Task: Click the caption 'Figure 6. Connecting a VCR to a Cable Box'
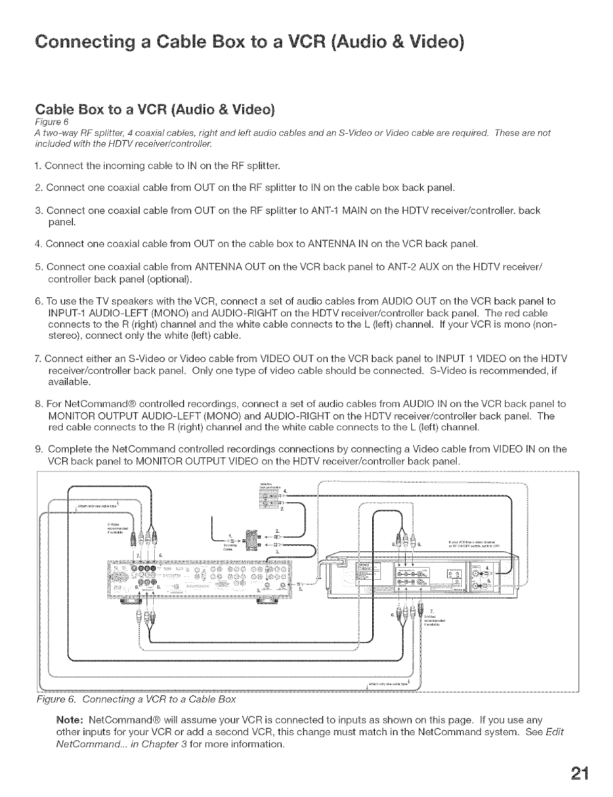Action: (x=137, y=700)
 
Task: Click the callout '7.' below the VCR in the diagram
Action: (x=431, y=610)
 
